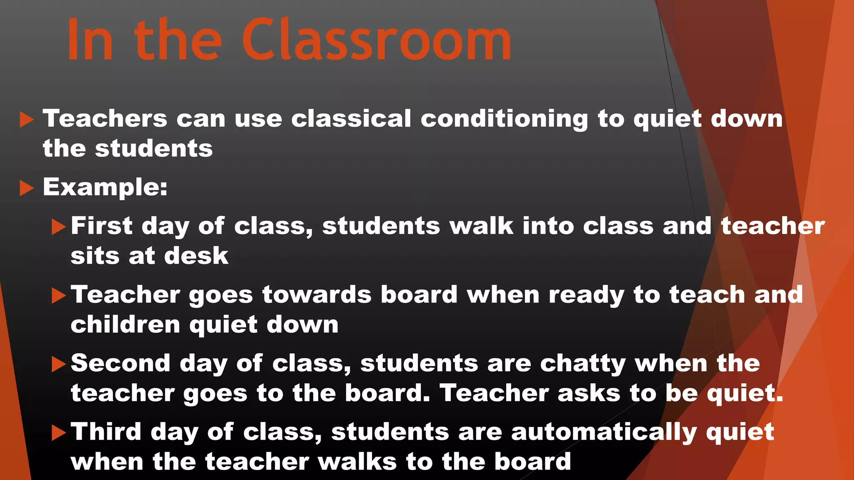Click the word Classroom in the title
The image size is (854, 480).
376,41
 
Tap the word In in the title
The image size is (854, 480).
90,41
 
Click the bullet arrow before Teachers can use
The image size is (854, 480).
26,120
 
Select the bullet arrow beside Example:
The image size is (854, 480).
26,188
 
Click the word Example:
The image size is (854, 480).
105,187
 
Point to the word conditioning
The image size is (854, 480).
504,119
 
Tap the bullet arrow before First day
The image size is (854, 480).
58,227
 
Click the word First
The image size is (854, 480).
101,226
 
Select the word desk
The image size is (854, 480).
196,255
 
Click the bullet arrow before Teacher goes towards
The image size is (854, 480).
58,296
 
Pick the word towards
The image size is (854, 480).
316,295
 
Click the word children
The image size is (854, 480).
125,324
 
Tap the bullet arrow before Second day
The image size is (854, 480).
58,365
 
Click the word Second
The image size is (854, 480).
121,363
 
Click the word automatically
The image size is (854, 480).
604,432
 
